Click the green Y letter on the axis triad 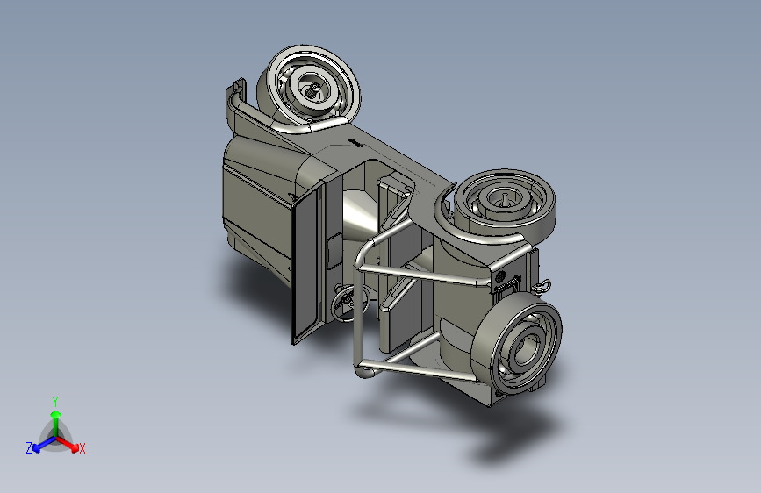55,401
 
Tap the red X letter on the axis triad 82,448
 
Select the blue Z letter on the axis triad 29,448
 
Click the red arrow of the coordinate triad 67,443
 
